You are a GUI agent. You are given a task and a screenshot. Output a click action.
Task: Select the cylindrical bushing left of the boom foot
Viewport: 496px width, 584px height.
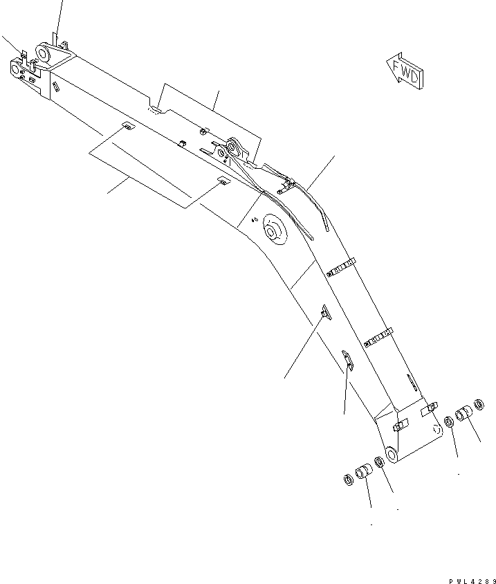pos(363,474)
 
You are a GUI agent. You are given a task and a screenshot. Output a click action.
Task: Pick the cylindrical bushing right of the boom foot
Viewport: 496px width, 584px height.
pos(463,415)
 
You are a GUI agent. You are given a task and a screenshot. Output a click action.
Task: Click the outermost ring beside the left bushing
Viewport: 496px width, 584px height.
pos(347,480)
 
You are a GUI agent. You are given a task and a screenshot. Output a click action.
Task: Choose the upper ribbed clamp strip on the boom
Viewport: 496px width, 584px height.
pos(340,267)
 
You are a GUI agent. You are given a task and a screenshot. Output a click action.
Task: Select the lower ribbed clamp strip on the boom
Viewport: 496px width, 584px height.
pos(378,337)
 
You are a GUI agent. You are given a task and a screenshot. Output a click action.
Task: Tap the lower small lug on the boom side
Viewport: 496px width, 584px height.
pos(347,358)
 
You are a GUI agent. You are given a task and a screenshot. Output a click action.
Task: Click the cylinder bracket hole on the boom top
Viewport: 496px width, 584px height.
pos(231,147)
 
